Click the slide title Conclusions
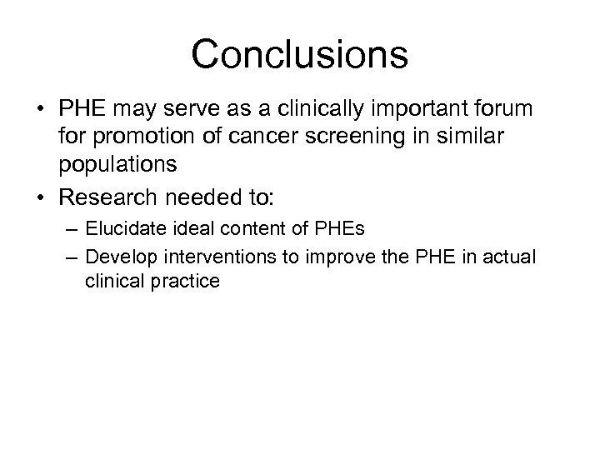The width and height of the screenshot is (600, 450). click(299, 53)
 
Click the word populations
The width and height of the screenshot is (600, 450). click(129, 163)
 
